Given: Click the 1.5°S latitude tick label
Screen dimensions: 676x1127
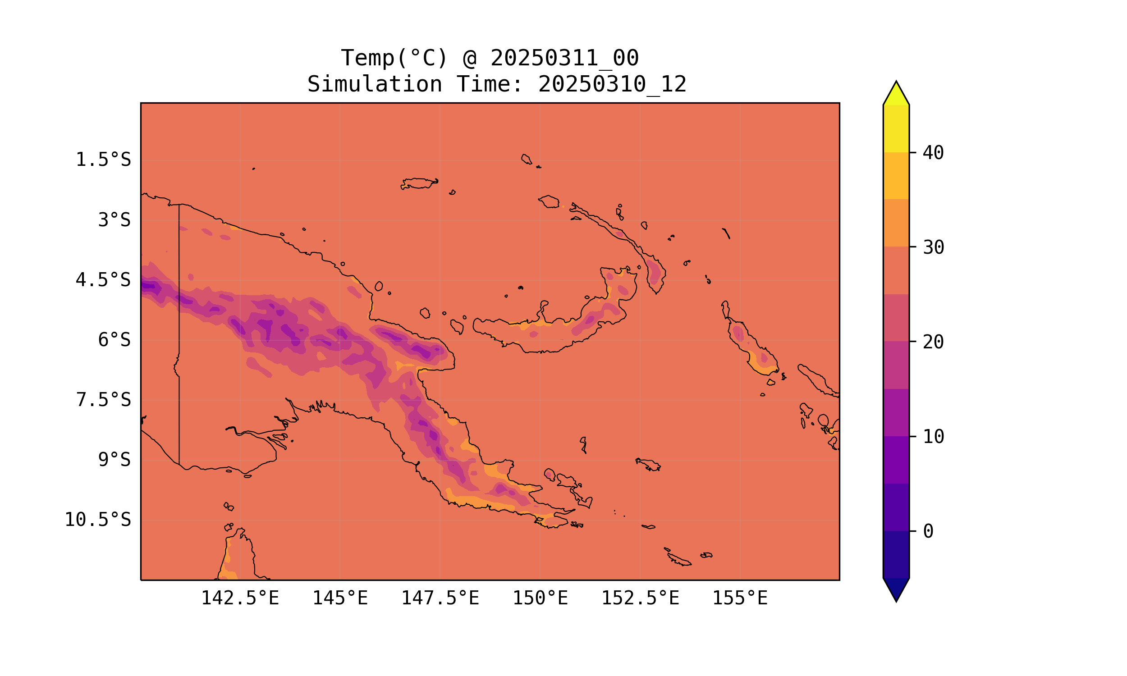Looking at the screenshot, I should (103, 160).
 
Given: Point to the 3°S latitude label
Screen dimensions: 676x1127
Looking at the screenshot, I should (115, 220).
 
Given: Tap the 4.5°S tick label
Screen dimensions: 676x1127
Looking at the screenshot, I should (103, 280).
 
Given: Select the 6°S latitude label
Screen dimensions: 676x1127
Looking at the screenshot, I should (115, 340).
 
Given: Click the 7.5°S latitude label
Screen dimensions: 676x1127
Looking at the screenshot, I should (103, 400).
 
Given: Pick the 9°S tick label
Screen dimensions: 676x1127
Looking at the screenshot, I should (115, 460).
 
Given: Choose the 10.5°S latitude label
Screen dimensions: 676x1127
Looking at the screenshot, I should (98, 520).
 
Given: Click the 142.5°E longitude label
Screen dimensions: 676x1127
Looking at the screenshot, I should (240, 598).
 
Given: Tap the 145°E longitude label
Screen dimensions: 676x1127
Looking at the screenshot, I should (340, 598).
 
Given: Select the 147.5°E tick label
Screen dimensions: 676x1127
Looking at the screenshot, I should (440, 598).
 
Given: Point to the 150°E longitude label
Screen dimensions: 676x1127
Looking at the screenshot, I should (540, 598).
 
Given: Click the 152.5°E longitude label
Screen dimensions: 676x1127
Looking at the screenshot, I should (640, 598).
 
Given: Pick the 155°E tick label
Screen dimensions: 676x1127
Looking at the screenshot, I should (740, 598).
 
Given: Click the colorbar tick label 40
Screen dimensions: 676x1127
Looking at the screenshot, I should (934, 153).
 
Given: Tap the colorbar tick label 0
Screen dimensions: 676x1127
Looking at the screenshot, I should (928, 532).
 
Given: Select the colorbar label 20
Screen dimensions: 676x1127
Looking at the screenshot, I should (934, 342).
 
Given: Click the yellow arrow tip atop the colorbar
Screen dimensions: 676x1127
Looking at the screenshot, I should (896, 93).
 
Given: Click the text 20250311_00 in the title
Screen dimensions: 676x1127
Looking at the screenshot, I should (564, 58).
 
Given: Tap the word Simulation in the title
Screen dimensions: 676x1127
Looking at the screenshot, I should (375, 85).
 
